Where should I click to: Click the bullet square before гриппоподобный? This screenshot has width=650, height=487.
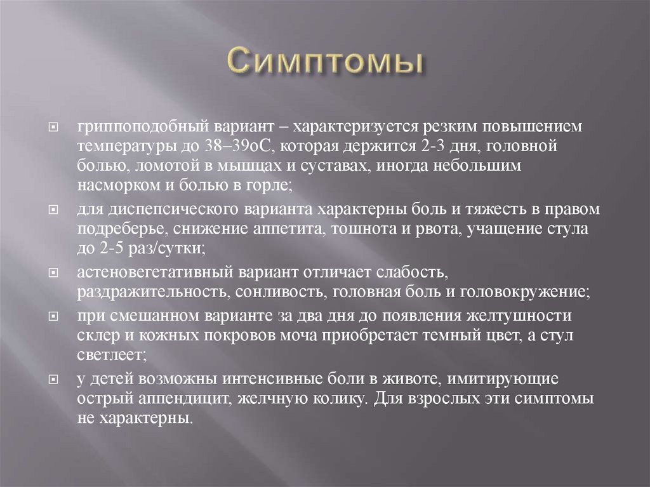(55, 126)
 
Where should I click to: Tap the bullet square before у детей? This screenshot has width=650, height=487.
(55, 380)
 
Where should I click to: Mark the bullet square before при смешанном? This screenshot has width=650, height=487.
(55, 316)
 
